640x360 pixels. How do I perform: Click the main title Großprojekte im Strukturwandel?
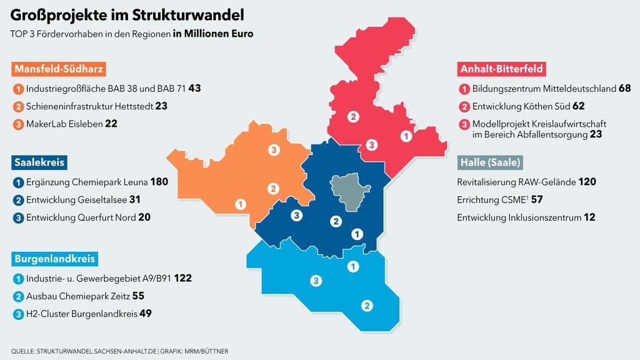(x=127, y=14)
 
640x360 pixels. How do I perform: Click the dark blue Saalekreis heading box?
(x=39, y=162)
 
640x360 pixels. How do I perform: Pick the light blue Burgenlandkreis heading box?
(x=54, y=257)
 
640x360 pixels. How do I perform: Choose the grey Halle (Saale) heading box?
(x=490, y=162)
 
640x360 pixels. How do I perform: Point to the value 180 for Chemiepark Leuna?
(x=159, y=182)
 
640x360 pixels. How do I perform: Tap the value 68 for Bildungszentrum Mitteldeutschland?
(x=624, y=89)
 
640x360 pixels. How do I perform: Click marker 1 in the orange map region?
(x=240, y=204)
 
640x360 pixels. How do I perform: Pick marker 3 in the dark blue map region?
(x=297, y=216)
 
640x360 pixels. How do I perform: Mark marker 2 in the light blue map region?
(x=367, y=306)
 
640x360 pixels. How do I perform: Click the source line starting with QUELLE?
(x=119, y=351)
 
